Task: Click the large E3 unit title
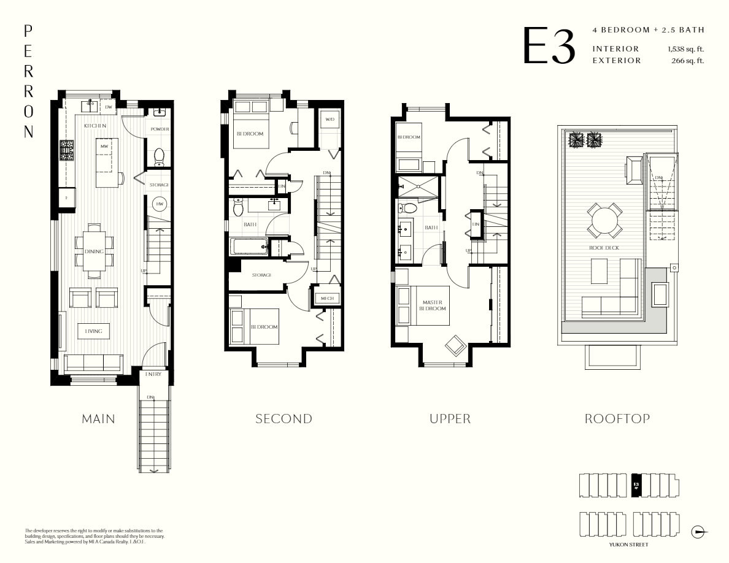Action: click(549, 45)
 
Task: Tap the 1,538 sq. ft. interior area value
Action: click(685, 48)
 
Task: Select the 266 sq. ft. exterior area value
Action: click(688, 60)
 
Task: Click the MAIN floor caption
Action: click(98, 419)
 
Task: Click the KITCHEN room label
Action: click(95, 126)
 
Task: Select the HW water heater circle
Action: click(159, 204)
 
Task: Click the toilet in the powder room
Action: click(159, 157)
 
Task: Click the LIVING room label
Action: click(93, 331)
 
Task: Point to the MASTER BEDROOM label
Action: click(433, 305)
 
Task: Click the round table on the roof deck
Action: click(603, 220)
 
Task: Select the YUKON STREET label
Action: click(628, 544)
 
